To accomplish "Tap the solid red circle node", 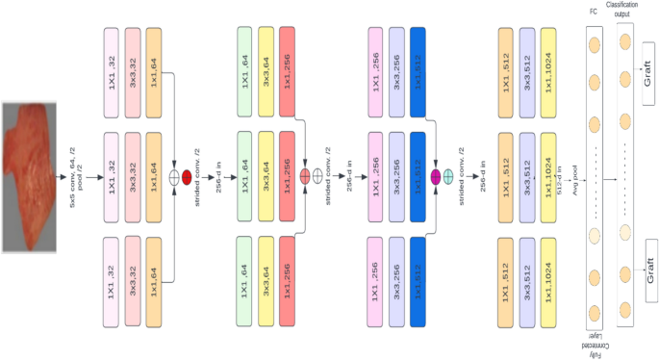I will coord(188,177).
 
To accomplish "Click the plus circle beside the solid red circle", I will coord(175,177).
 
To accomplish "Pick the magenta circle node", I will coord(435,177).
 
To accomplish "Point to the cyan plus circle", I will coord(448,177).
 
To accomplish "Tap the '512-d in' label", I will coord(559,178).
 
